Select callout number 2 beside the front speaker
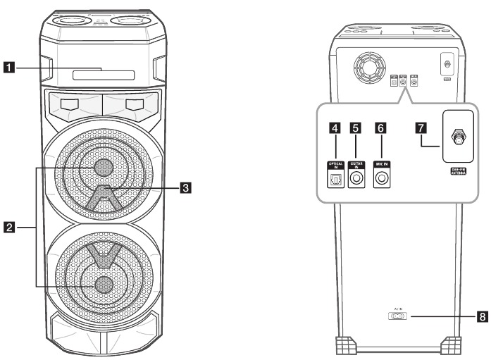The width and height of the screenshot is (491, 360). pos(8,227)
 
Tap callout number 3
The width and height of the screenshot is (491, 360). pos(185,187)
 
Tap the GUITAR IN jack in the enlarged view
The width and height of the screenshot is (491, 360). pos(356,180)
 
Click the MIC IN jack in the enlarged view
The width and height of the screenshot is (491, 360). pos(382,180)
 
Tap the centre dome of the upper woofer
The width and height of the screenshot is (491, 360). pos(102,167)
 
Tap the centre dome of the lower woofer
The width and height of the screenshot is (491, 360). pos(103,284)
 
